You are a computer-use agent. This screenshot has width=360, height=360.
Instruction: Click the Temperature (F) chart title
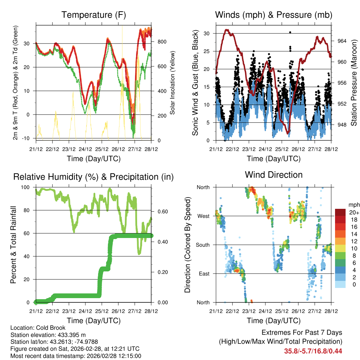94,15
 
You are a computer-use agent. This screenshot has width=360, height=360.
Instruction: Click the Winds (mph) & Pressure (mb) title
274,15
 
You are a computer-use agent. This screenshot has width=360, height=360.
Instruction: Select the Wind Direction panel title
274,175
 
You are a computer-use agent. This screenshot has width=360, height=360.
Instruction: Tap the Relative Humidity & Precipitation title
94,177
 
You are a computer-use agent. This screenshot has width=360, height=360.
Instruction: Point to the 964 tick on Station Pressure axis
342,41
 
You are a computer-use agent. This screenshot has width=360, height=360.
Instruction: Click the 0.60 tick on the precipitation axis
162,211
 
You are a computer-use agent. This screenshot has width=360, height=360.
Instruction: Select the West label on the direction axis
204,216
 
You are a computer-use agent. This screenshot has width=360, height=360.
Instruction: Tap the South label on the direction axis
203,245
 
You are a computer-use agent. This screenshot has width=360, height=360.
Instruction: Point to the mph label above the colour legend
353,205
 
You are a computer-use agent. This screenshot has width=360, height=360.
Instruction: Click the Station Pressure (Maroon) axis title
354,83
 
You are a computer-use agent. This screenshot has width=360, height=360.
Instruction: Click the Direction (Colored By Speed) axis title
187,245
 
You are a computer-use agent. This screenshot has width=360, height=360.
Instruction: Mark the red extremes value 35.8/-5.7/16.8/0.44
313,351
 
